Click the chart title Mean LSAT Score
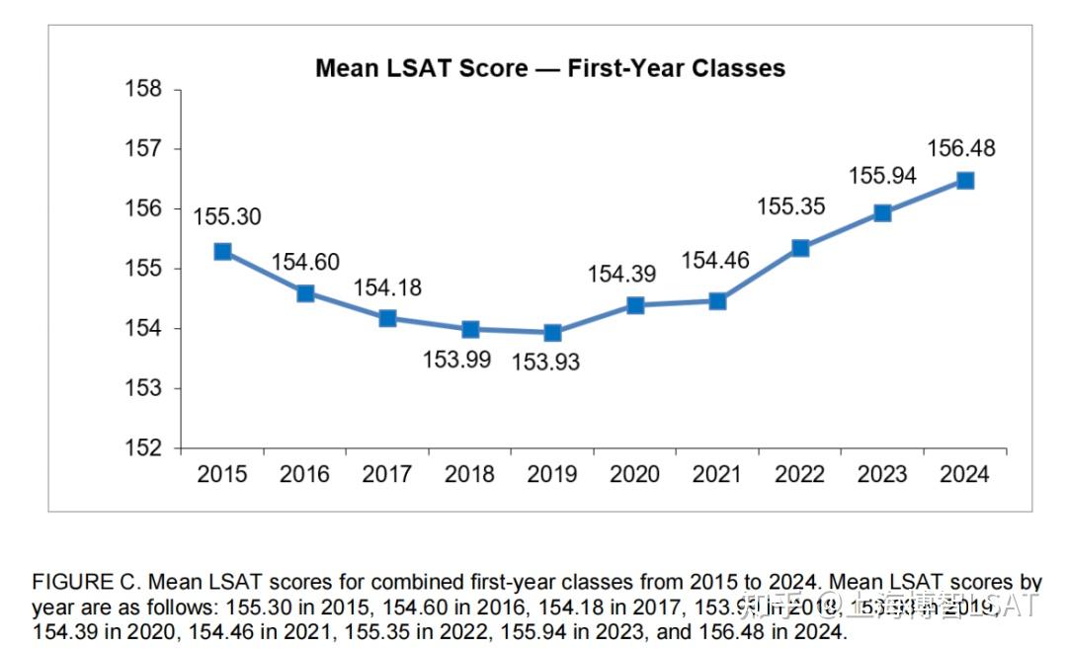(x=549, y=68)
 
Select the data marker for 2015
(x=222, y=252)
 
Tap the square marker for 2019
(x=552, y=333)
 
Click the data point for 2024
(x=965, y=181)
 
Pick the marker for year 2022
(x=800, y=248)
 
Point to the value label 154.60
(x=305, y=262)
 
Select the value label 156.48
(x=961, y=149)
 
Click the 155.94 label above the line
(x=882, y=176)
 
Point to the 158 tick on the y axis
(x=143, y=89)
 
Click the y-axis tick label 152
(x=143, y=447)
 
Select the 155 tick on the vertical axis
(x=143, y=269)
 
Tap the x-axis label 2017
(x=387, y=474)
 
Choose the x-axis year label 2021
(x=717, y=474)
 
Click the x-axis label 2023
(x=882, y=474)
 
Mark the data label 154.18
(x=387, y=287)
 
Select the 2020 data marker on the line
(x=635, y=305)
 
